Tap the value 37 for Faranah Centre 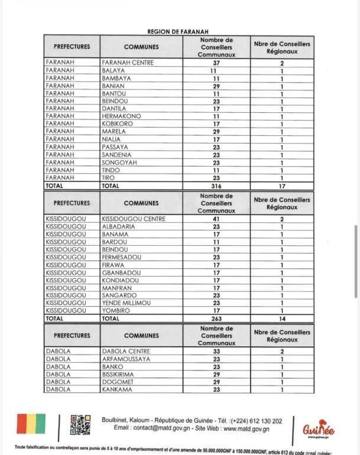(x=216, y=63)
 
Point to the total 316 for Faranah (x=216, y=186)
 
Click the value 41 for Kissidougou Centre (x=216, y=219)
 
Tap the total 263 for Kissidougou (x=216, y=318)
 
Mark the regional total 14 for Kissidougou (x=282, y=318)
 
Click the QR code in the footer (x=80, y=425)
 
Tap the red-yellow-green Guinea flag (x=31, y=424)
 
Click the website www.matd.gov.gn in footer (x=239, y=428)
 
